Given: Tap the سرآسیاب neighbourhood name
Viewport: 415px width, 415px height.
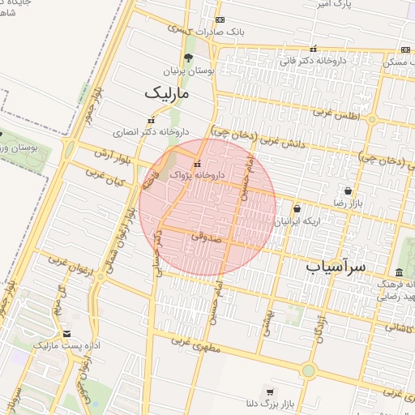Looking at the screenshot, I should pyautogui.click(x=336, y=265).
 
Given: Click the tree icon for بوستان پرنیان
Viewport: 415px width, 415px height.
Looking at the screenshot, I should pyautogui.click(x=188, y=58).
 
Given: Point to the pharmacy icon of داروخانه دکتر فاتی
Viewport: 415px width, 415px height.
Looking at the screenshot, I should pyautogui.click(x=314, y=48).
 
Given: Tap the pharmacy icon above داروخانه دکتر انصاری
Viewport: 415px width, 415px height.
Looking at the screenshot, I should pyautogui.click(x=149, y=120).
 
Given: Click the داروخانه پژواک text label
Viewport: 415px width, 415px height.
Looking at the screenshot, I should pyautogui.click(x=216, y=174).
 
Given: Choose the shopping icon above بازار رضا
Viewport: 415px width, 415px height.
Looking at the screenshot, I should pyautogui.click(x=349, y=190).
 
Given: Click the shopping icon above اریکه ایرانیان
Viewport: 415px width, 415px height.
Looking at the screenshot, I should pyautogui.click(x=297, y=208).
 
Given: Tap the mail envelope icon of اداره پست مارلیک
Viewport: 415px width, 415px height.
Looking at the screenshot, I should pyautogui.click(x=66, y=333).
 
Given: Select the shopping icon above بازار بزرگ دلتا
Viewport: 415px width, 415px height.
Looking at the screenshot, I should pyautogui.click(x=270, y=391).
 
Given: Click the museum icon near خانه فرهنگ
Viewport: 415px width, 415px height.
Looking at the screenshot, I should pyautogui.click(x=399, y=272).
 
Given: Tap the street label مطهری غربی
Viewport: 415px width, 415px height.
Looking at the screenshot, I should pyautogui.click(x=190, y=344).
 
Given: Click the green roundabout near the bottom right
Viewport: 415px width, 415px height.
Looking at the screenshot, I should pyautogui.click(x=308, y=370).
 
